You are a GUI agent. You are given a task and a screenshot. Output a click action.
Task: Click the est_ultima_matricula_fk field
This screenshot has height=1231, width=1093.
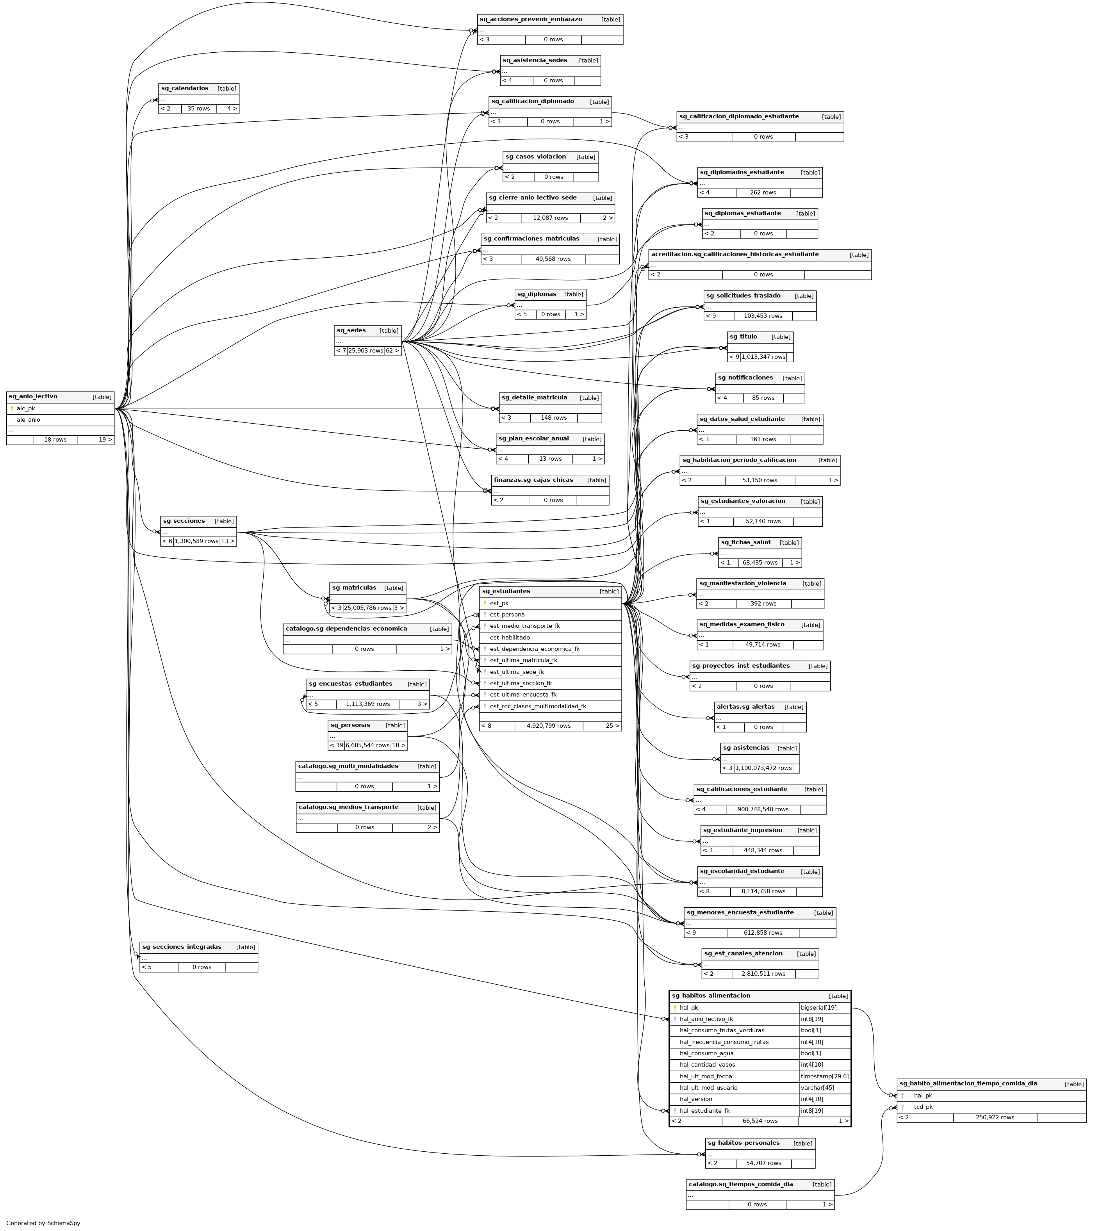(523, 661)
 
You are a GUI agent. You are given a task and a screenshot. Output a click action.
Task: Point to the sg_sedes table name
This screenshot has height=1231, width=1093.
(351, 331)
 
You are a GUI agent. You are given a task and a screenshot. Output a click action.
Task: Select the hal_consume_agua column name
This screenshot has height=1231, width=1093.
(706, 1053)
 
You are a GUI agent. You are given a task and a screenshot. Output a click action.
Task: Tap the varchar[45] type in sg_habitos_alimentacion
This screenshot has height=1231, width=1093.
(817, 1088)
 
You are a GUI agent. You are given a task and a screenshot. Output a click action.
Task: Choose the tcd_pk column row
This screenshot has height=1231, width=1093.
(923, 1107)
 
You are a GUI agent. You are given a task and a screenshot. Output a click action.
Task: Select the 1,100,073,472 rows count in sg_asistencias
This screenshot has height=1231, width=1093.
(763, 768)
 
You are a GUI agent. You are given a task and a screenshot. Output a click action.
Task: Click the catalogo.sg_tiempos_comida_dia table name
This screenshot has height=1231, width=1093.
(741, 1185)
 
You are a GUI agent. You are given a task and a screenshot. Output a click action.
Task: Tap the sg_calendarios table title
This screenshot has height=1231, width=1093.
(185, 89)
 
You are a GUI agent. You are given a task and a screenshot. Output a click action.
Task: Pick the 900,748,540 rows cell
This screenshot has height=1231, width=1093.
(762, 809)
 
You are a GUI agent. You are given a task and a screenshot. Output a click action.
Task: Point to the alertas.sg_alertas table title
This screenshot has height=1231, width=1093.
(745, 707)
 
